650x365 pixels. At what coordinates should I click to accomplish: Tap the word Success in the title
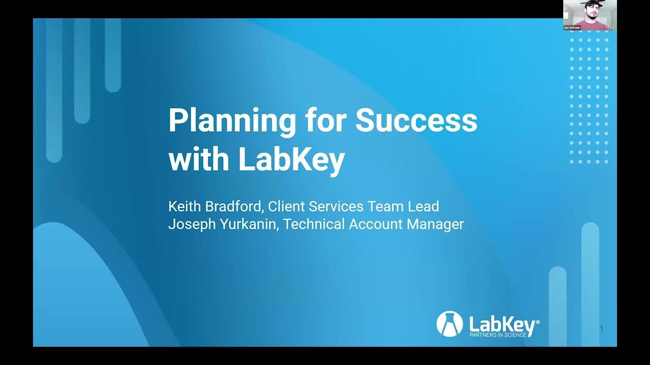point(416,120)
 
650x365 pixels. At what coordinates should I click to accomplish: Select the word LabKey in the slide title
point(291,160)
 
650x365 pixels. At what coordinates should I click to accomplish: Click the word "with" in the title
point(199,160)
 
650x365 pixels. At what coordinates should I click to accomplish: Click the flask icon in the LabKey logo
point(449,323)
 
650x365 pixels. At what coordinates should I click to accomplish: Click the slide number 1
point(602,329)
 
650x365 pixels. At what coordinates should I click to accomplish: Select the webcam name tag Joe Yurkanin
point(572,28)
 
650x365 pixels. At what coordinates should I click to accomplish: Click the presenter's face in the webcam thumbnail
point(590,11)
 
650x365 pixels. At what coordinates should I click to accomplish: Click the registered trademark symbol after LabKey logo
point(538,321)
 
